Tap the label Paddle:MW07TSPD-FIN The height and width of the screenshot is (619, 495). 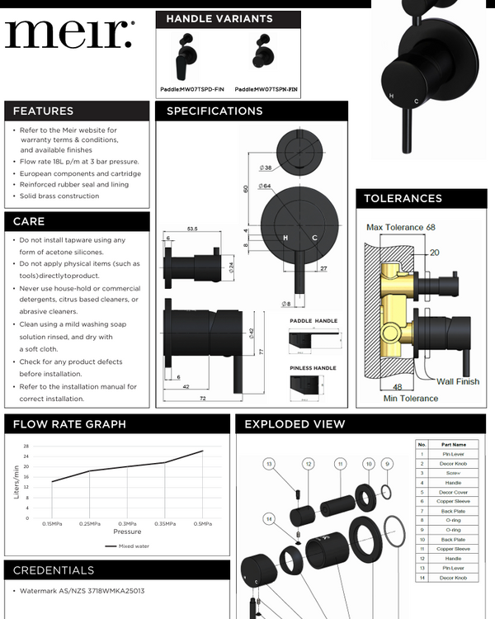[x=192, y=88]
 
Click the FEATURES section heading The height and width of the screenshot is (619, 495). [x=43, y=111]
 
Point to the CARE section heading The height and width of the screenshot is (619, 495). [x=29, y=221]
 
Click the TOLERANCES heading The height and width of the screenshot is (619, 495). [x=403, y=198]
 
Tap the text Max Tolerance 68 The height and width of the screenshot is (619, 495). [x=400, y=227]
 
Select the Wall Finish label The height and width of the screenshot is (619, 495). [x=458, y=381]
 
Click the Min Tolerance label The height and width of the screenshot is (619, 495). [x=411, y=399]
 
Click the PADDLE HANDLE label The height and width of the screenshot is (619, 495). [x=313, y=320]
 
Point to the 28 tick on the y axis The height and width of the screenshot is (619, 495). [x=26, y=446]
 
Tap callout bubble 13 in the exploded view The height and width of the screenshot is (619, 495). [x=268, y=465]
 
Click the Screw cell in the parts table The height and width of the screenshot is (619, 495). [x=453, y=472]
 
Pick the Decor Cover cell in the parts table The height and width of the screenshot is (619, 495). [x=453, y=492]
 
